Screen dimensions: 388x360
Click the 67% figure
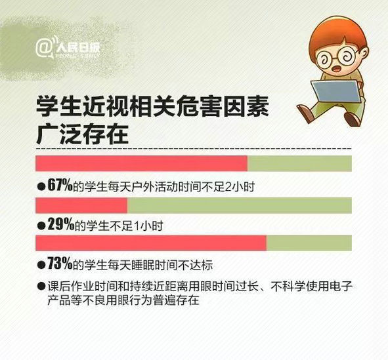click(x=60, y=185)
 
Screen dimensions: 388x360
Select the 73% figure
click(x=60, y=264)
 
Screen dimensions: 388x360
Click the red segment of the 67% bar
click(x=142, y=163)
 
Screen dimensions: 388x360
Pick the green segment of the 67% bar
click(x=299, y=163)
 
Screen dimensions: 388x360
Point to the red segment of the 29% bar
click(x=81, y=205)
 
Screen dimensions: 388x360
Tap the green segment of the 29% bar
click(x=239, y=205)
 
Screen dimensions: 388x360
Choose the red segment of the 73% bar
click(x=151, y=243)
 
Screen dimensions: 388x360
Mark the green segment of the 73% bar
click(x=309, y=243)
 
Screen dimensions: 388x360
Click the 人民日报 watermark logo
click(x=68, y=48)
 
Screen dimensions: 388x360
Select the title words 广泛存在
click(x=83, y=134)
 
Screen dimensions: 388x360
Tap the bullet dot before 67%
click(x=41, y=186)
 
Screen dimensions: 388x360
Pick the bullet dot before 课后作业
click(x=41, y=286)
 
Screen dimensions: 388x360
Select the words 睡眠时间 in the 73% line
click(x=154, y=265)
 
